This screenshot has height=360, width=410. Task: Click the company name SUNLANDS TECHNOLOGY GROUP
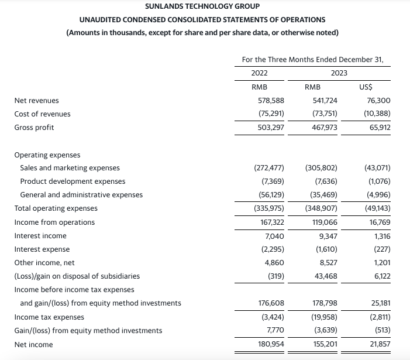(202, 7)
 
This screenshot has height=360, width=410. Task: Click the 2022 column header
(259, 73)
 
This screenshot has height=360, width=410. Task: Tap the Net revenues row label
(36, 101)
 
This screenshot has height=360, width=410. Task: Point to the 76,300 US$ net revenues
(379, 101)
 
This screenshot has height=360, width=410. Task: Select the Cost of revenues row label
(42, 114)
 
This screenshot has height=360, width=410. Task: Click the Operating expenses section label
(47, 155)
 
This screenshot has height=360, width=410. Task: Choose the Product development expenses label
(73, 181)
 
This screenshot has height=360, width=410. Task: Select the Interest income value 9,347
(327, 236)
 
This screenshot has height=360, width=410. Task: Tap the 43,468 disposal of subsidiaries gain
(325, 276)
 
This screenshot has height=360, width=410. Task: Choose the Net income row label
(33, 344)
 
